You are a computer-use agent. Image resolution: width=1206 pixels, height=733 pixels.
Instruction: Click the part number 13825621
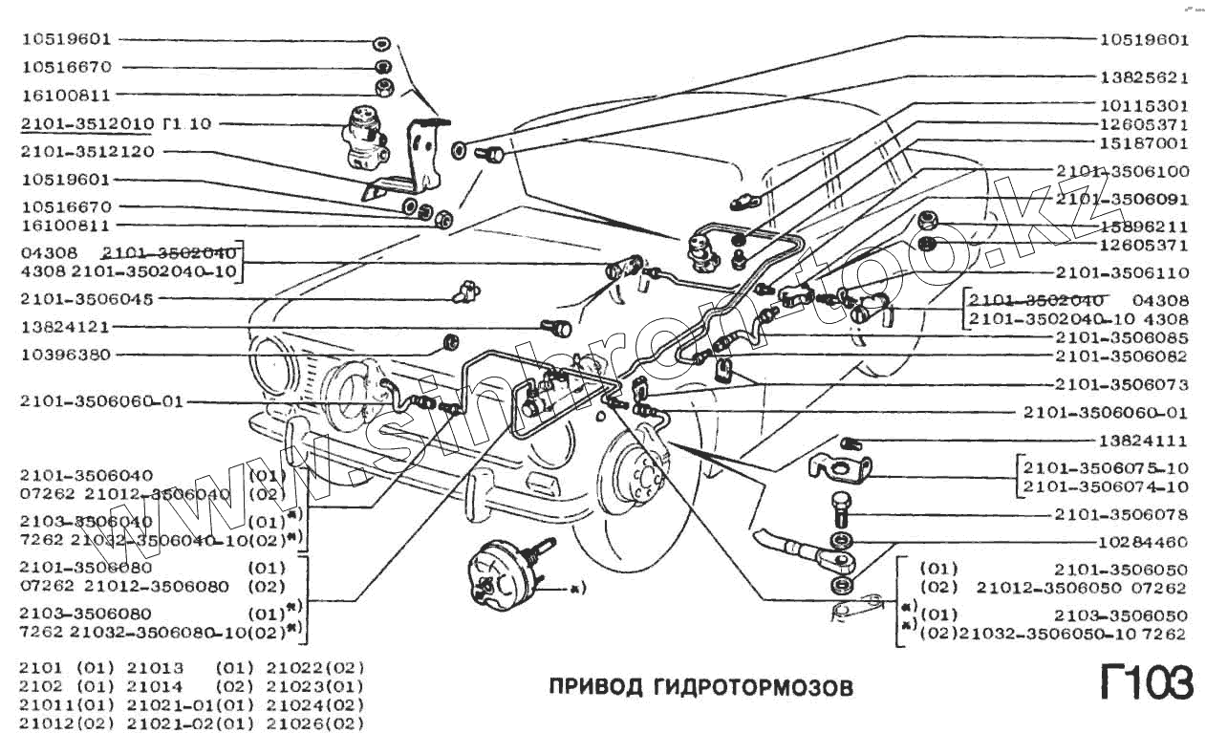point(1143,77)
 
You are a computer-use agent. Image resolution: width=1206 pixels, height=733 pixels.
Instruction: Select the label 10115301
point(1143,106)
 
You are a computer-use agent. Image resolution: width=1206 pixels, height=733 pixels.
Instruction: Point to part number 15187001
point(1143,144)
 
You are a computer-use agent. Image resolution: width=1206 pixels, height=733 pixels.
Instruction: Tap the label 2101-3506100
point(1122,171)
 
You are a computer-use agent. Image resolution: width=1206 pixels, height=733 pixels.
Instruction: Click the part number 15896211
point(1143,227)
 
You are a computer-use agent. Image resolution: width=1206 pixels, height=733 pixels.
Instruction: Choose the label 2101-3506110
point(1122,272)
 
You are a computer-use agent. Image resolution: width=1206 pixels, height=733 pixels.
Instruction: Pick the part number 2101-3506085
point(1122,337)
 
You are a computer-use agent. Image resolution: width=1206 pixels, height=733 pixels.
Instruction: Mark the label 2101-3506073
point(1122,385)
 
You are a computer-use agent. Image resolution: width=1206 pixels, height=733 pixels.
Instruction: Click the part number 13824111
point(1143,442)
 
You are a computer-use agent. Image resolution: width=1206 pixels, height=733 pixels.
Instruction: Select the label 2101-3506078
point(1122,515)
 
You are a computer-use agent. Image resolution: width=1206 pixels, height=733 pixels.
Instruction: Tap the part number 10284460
point(1143,542)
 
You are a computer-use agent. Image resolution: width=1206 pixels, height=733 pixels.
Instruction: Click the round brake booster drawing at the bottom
point(502,574)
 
